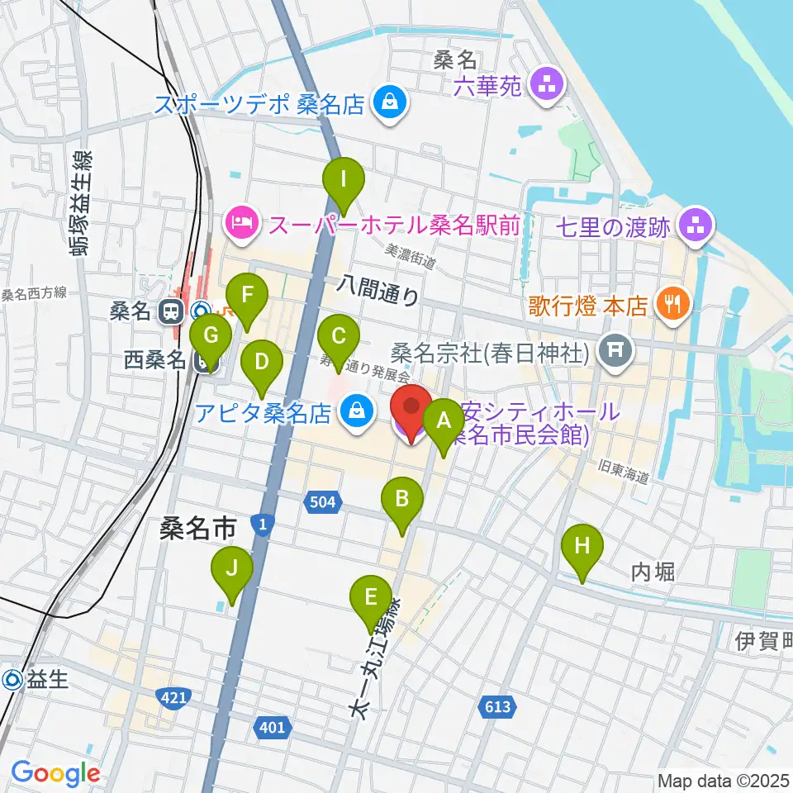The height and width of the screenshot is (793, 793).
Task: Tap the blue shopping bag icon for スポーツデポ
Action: [387, 103]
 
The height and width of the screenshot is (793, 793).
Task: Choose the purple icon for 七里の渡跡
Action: [694, 225]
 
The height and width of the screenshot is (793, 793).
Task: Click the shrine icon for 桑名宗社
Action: [615, 353]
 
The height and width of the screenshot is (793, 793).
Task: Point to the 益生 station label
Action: [36, 680]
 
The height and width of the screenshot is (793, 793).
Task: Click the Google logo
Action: [55, 774]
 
